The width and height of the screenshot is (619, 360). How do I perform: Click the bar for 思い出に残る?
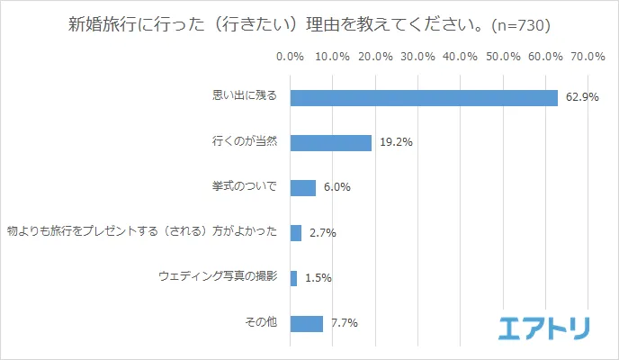[x=424, y=97]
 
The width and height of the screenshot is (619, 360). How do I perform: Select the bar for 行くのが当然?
[x=330, y=142]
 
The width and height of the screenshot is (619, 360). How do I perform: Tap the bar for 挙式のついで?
[x=302, y=187]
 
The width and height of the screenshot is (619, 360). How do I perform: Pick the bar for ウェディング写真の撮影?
[x=293, y=278]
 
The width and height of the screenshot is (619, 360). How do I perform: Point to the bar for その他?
[x=306, y=323]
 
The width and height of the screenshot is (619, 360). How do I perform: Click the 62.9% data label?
[x=582, y=97]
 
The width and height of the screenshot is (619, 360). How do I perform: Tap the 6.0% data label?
[x=336, y=187]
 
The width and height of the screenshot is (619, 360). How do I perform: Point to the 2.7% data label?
[x=322, y=233]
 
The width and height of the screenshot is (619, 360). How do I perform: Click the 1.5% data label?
[x=318, y=278]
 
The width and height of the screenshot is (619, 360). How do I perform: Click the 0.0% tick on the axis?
[x=290, y=57]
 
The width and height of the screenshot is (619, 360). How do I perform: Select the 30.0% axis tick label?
[x=417, y=57]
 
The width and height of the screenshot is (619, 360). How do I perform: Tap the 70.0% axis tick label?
[x=588, y=57]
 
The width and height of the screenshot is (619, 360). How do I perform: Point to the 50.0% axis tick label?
[x=503, y=57]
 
